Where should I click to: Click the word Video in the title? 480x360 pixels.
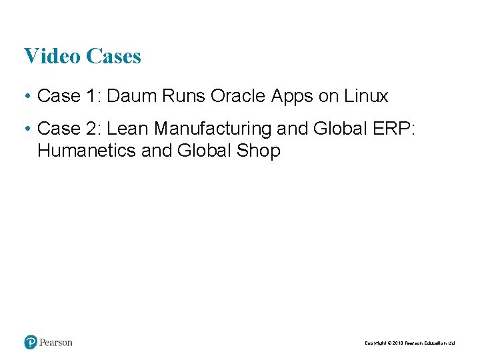[x=52, y=56]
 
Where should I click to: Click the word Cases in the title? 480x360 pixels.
[x=113, y=56]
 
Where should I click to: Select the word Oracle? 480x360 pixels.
[x=238, y=96]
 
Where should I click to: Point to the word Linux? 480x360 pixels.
[x=366, y=96]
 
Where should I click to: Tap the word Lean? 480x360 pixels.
[x=131, y=128]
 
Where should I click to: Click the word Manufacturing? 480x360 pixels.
[x=215, y=128]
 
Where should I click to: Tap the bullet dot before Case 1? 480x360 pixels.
[x=27, y=97]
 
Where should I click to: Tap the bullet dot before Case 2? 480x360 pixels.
[x=27, y=129]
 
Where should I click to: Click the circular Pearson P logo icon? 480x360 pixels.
[x=31, y=343]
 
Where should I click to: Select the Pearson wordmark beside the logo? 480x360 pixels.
[x=56, y=343]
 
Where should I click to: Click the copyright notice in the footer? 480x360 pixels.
[x=409, y=343]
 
